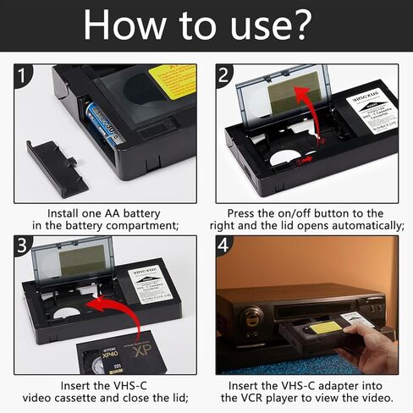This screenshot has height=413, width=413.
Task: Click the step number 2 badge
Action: point(225,77)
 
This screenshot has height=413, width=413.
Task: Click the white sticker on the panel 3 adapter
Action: point(151,285)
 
